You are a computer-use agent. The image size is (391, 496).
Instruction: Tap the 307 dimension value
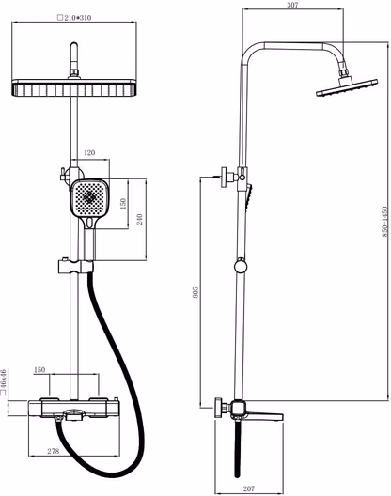292,5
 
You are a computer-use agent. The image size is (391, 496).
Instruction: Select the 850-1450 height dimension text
384,222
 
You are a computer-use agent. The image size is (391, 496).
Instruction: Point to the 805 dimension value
195,292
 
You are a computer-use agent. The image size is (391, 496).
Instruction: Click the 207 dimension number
249,488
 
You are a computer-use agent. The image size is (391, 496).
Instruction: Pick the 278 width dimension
54,451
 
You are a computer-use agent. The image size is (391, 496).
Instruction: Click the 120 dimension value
89,153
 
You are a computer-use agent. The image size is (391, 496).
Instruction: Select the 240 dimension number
140,219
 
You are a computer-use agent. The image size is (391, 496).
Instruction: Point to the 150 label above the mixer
39,369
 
